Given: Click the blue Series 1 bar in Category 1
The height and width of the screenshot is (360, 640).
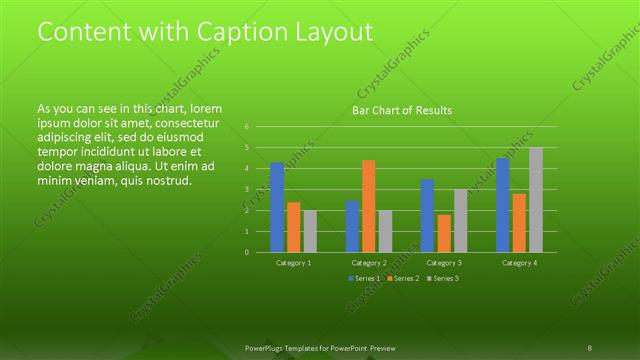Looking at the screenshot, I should click(277, 207).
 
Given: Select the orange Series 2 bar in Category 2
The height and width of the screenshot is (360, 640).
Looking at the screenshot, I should click(369, 206).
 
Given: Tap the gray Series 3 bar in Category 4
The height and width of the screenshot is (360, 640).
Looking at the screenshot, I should click(536, 199).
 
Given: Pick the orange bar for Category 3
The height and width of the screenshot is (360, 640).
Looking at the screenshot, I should click(444, 233).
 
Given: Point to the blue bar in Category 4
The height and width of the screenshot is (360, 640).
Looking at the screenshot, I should click(503, 205).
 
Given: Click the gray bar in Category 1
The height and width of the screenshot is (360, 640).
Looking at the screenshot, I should click(311, 231).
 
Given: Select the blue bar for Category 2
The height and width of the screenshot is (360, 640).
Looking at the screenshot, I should click(352, 226).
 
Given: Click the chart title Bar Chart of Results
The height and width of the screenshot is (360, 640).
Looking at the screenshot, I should click(402, 110).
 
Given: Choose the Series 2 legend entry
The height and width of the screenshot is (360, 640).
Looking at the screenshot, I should click(402, 277).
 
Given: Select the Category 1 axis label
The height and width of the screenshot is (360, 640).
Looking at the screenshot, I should click(294, 263).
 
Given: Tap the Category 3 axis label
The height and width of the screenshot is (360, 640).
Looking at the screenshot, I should click(444, 263).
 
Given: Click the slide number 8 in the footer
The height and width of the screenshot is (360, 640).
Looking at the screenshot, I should click(589, 347).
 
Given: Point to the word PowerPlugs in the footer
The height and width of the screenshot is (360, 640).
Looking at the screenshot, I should click(267, 347).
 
